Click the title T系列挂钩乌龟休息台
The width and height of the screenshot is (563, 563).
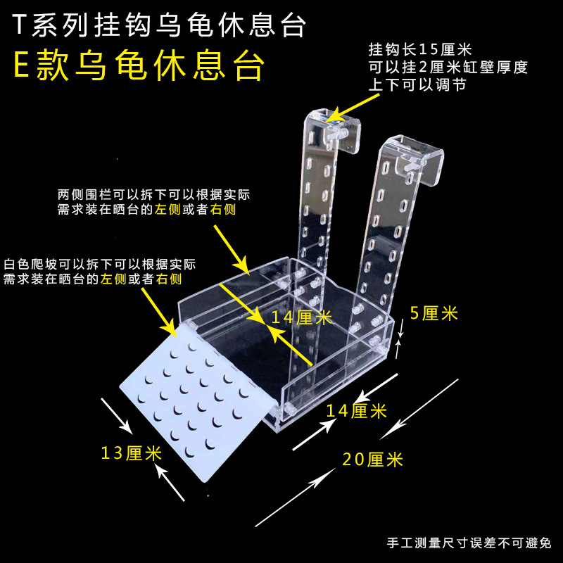click(x=161, y=26)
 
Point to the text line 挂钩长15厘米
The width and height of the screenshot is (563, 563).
click(x=420, y=51)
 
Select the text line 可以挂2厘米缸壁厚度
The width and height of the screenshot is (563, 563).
click(x=448, y=68)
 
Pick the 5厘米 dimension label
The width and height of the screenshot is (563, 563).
click(x=434, y=314)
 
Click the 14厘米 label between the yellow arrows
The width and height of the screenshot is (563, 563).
click(x=301, y=317)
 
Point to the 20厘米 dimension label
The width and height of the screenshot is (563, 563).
click(x=373, y=460)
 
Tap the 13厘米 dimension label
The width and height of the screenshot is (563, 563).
click(x=132, y=453)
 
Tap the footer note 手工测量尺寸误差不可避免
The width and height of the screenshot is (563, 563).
click(x=469, y=543)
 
